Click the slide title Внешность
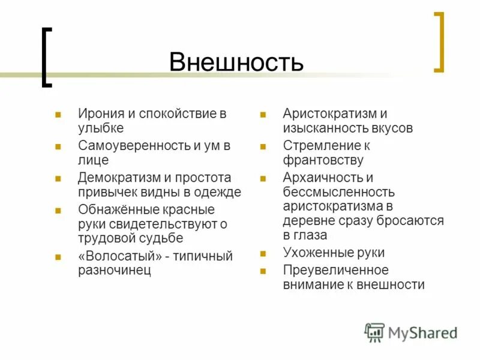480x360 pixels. [236, 62]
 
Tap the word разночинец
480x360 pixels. [115, 270]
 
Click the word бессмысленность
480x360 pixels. [339, 192]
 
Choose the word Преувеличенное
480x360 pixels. [335, 270]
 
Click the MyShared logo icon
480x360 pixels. [374, 332]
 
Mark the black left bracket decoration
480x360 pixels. [46, 58]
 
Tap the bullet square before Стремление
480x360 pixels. [263, 146]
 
